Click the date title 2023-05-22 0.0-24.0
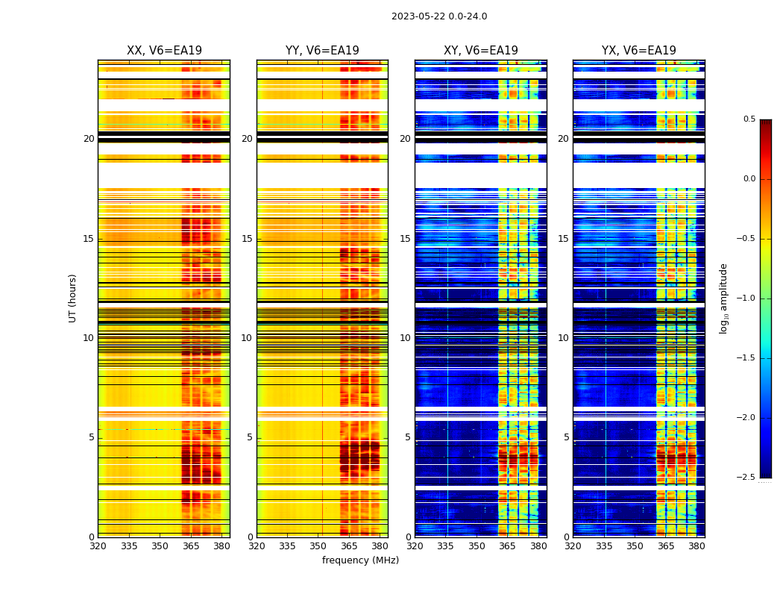[439, 16]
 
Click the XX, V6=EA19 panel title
[164, 51]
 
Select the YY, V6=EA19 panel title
[322, 51]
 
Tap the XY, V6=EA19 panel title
[481, 51]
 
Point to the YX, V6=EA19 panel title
[639, 51]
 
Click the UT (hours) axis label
[73, 298]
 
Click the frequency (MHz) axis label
[360, 560]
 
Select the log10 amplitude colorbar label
[723, 298]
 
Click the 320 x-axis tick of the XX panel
[98, 546]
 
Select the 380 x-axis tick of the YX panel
[696, 546]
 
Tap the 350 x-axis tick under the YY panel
[318, 546]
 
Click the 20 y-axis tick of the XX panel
[89, 139]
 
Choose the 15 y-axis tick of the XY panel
[405, 239]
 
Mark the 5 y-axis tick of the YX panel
[566, 437]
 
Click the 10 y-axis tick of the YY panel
[247, 338]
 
